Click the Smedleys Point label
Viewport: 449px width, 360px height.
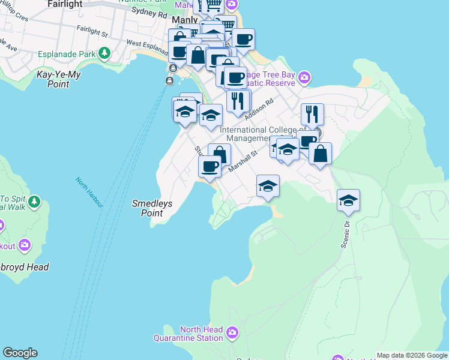[152, 208]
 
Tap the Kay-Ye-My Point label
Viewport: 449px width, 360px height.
[59, 79]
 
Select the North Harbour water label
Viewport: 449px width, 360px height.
[89, 192]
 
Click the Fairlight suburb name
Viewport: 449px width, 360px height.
[64, 4]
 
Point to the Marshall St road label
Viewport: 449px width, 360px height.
[243, 162]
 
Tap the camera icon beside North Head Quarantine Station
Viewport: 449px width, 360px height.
[232, 332]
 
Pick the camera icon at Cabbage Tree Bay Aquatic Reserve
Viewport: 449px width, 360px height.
[305, 77]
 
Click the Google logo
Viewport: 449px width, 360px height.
[20, 353]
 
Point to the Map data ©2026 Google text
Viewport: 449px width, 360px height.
[412, 355]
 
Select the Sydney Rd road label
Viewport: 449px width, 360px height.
[149, 12]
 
